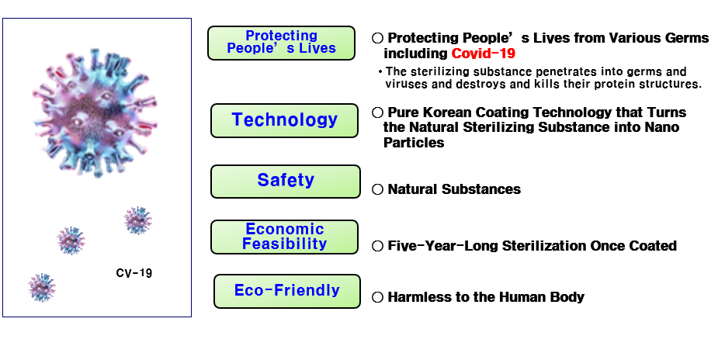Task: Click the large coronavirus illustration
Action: pos(95,112)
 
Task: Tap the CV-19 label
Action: pos(134,273)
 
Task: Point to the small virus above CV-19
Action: pos(137,220)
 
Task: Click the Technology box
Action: pos(284,120)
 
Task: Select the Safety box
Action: pos(286,181)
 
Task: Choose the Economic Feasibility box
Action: pos(284,237)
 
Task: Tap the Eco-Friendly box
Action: pos(286,291)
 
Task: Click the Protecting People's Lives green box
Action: pos(281,43)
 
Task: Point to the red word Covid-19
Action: pos(483,54)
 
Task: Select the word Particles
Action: pos(414,142)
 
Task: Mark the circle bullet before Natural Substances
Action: pos(378,189)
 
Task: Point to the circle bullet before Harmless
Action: pos(378,297)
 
